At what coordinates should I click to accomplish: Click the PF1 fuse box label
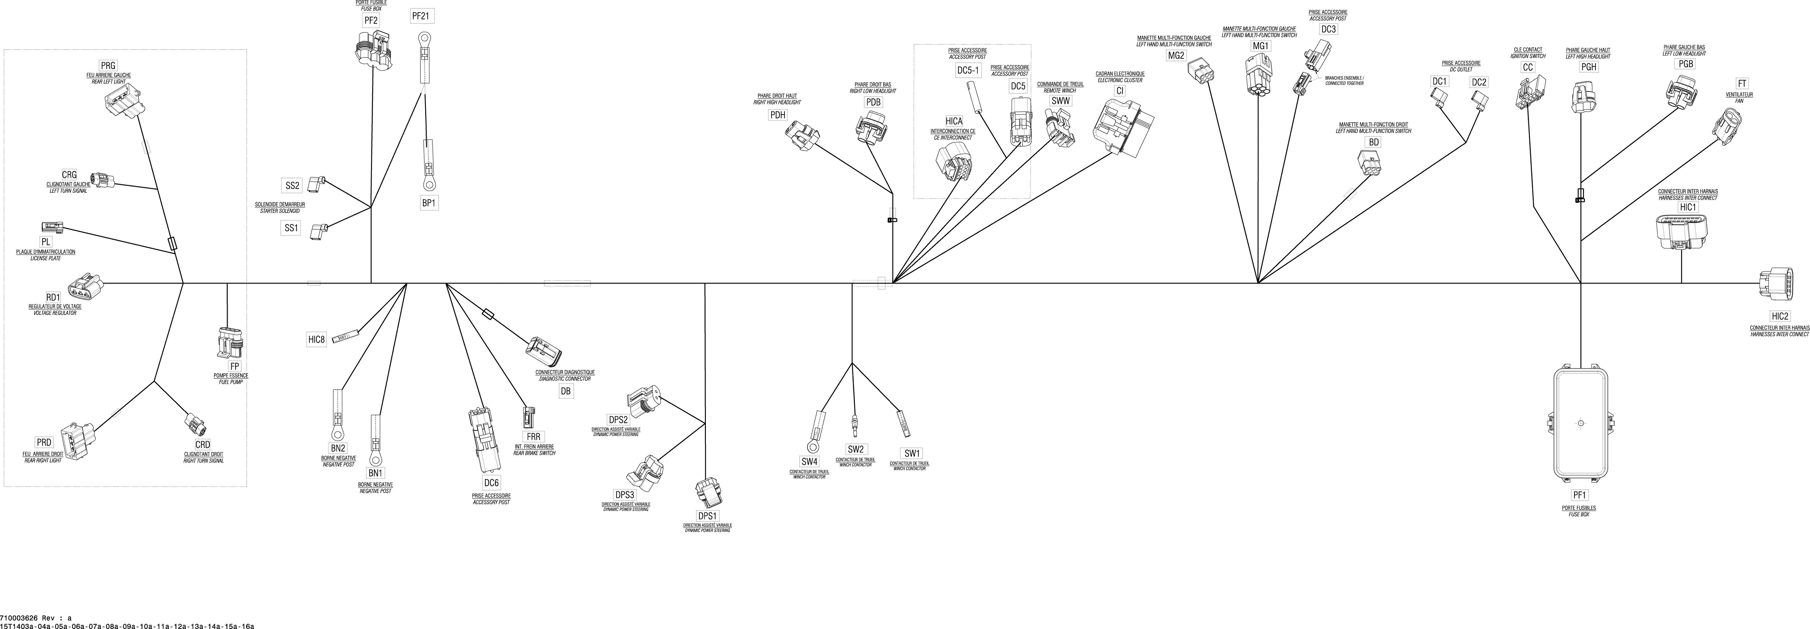(x=1579, y=495)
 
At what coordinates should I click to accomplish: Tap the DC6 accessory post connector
(x=483, y=439)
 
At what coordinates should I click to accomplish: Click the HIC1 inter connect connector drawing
(x=1681, y=232)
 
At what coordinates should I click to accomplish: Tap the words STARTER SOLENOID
(x=280, y=211)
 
